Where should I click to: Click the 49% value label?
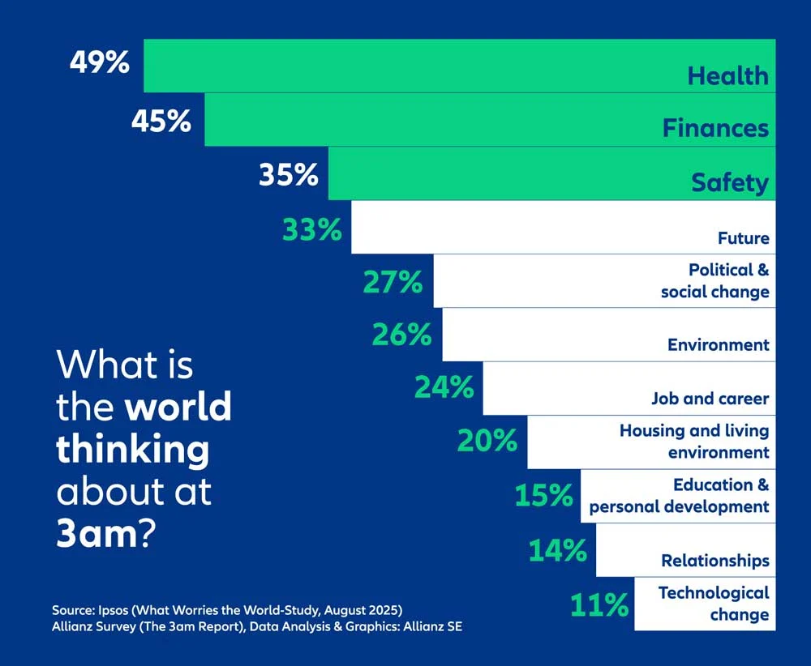99,62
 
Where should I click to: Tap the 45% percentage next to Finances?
161,121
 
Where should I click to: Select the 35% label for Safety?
289,175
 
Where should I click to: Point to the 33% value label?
312,230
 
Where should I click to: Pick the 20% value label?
487,441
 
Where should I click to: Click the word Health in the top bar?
727,76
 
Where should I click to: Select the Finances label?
715,128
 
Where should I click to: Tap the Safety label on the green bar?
729,182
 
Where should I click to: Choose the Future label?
743,238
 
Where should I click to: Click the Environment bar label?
718,345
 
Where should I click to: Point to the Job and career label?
710,399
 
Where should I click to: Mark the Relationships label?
714,561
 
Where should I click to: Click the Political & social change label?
714,280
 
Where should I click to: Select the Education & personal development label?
680,496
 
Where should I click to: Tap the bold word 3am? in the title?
105,536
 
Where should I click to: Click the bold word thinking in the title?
132,449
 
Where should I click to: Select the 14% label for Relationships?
558,551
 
